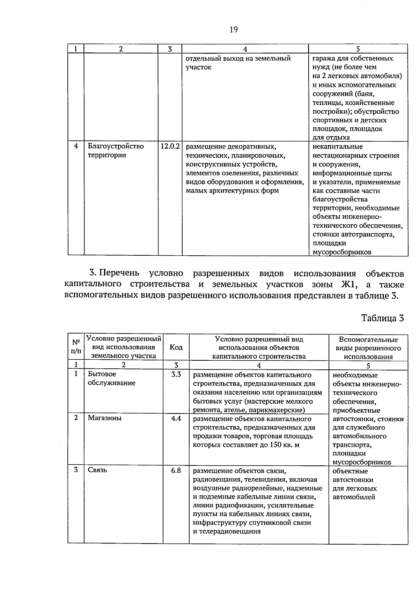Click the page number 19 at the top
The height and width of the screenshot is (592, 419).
tap(234, 30)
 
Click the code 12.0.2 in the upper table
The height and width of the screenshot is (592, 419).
tap(170, 147)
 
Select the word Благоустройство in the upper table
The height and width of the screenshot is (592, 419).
tap(116, 146)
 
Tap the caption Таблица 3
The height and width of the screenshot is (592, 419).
tap(382, 318)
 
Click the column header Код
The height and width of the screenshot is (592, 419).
tap(176, 347)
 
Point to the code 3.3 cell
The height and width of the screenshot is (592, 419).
tap(176, 374)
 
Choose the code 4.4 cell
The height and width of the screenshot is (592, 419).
tap(176, 418)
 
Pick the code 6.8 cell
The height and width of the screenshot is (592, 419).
tap(176, 470)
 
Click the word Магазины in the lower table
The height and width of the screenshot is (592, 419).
tap(104, 418)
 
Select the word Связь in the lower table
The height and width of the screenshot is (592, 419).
tap(97, 470)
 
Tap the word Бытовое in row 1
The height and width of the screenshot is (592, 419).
tap(102, 374)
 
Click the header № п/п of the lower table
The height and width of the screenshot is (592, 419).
tap(76, 347)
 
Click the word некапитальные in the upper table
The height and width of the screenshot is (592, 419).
tap(338, 147)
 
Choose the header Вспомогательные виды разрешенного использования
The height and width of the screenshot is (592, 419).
tap(368, 348)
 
